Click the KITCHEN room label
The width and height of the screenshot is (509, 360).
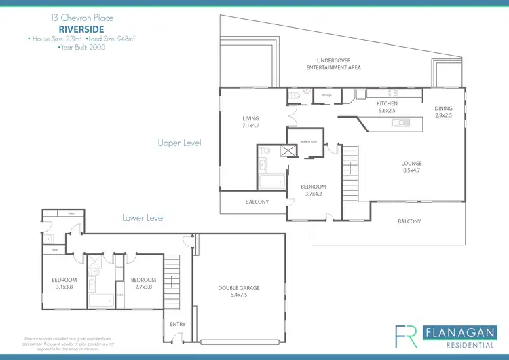click(387, 103)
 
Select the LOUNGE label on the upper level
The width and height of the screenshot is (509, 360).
click(411, 163)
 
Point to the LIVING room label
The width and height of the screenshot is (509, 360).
click(250, 118)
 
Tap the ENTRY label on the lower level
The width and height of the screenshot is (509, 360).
click(177, 324)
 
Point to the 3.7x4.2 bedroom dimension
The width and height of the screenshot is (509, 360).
click(314, 195)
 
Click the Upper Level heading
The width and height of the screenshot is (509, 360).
click(179, 143)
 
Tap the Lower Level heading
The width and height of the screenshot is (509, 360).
click(143, 218)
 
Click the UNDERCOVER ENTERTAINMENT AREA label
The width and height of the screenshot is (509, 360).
click(333, 64)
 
